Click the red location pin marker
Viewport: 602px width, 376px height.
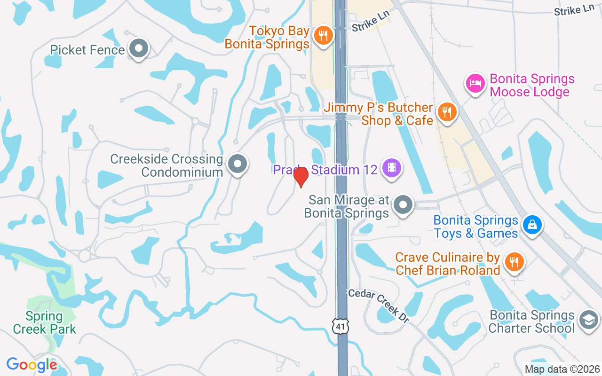pyautogui.click(x=301, y=177)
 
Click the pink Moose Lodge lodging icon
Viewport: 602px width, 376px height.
pyautogui.click(x=475, y=84)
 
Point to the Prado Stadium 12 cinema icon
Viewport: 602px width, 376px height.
pyautogui.click(x=391, y=167)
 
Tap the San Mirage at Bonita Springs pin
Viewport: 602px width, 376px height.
pyautogui.click(x=403, y=205)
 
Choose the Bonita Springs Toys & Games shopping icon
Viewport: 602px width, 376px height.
pyautogui.click(x=532, y=225)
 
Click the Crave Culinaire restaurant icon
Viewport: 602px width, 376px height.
pyautogui.click(x=514, y=262)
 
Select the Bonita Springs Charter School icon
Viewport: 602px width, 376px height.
pyautogui.click(x=589, y=320)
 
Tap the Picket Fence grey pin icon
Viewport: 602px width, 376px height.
pyautogui.click(x=139, y=48)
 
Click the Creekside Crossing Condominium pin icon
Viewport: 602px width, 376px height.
pyautogui.click(x=238, y=164)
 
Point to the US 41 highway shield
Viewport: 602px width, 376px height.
pyautogui.click(x=340, y=326)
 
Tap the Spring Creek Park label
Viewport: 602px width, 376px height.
pyautogui.click(x=45, y=322)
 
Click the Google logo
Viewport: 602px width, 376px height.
pyautogui.click(x=32, y=365)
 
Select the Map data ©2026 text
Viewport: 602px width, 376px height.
pyautogui.click(x=562, y=369)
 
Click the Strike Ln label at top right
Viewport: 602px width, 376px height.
pyautogui.click(x=574, y=10)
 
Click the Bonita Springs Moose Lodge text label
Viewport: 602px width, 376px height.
pyautogui.click(x=532, y=85)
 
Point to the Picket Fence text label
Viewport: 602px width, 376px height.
pyautogui.click(x=87, y=50)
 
